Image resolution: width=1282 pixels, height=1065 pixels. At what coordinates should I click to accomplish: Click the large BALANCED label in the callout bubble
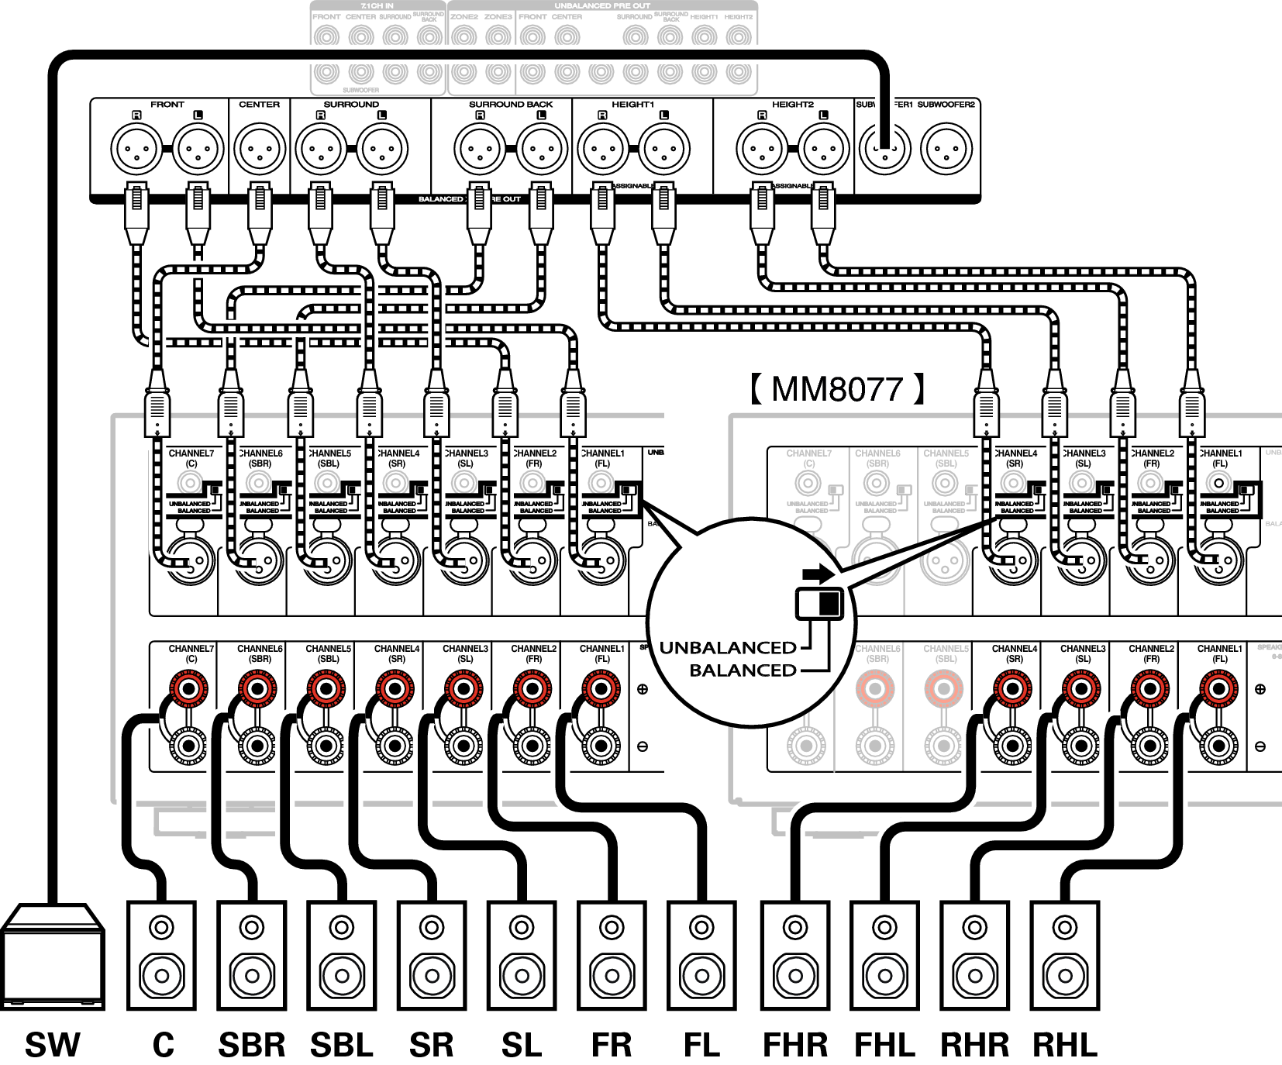[x=743, y=670]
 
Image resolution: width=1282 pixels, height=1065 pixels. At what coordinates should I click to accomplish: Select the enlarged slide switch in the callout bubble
[x=818, y=602]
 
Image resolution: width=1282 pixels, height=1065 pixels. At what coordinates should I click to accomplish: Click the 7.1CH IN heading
[x=377, y=6]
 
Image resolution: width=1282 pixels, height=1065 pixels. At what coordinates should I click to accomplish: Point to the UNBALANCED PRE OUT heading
[x=602, y=6]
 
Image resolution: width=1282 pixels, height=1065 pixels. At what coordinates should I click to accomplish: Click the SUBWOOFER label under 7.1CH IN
[x=360, y=91]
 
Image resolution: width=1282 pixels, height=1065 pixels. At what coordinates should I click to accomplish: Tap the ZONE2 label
[x=464, y=16]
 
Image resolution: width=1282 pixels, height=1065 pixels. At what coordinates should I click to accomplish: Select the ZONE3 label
[x=498, y=16]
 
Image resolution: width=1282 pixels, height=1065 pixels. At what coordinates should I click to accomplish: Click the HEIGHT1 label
[x=704, y=16]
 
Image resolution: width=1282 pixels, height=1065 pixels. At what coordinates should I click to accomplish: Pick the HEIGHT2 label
[x=738, y=16]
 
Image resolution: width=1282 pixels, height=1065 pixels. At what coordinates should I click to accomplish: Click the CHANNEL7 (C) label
[x=808, y=458]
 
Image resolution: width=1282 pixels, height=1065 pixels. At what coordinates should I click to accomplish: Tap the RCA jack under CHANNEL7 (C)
[x=808, y=483]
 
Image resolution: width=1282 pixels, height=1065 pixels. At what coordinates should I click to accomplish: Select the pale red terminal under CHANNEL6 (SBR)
[x=875, y=688]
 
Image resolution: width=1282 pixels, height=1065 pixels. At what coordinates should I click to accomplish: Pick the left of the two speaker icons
[x=252, y=955]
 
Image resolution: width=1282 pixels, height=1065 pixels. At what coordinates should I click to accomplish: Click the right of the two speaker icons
[x=342, y=955]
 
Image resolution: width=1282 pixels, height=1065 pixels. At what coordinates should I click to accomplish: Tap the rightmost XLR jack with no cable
[x=946, y=149]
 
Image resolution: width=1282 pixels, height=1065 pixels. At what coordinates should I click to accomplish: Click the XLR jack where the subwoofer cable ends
[x=885, y=149]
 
